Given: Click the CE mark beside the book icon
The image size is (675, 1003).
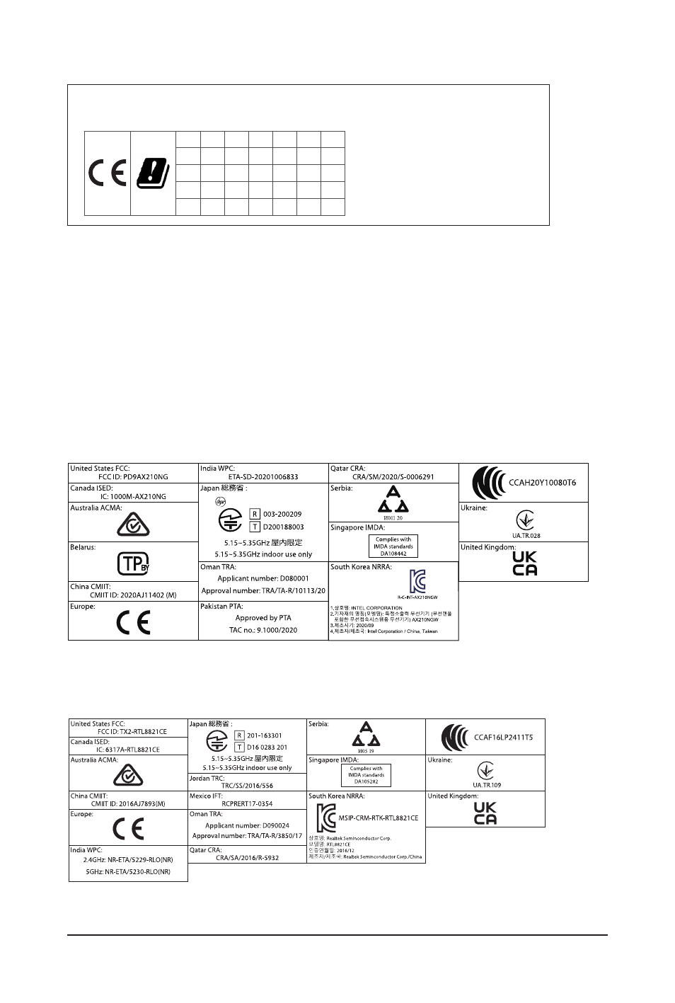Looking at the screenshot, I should [108, 173].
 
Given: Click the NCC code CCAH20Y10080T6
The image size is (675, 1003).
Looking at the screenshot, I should [543, 483].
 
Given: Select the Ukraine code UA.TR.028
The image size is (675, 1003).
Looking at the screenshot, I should [524, 536].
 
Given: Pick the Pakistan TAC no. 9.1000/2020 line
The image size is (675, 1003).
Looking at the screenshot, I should [264, 630].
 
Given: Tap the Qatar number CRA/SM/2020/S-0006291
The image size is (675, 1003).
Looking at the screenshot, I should [393, 477].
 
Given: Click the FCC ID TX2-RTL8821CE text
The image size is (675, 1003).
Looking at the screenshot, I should [132, 732].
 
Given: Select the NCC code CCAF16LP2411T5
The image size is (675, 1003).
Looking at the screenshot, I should [503, 738].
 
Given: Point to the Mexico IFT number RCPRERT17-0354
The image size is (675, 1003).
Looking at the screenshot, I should [247, 804].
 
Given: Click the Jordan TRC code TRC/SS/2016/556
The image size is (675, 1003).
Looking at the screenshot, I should [247, 786].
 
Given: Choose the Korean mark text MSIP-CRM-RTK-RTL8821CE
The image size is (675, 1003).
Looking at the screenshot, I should [379, 818].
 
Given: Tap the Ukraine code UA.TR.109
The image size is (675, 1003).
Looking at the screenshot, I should [487, 785].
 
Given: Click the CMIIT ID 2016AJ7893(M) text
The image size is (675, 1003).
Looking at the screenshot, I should [128, 804].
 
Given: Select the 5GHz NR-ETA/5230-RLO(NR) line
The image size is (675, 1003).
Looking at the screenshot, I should [128, 872].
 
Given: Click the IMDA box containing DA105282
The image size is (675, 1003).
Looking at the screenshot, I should [366, 775].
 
